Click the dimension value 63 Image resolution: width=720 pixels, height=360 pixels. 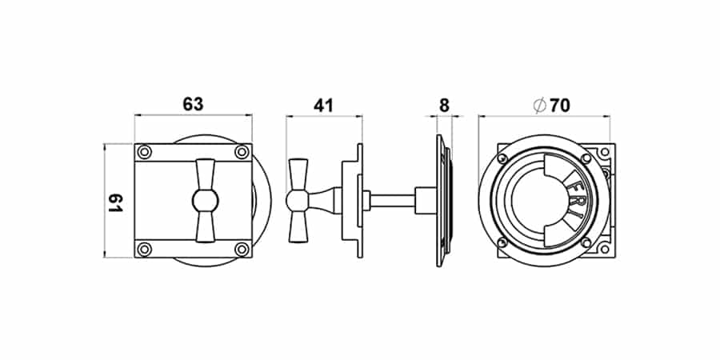click(x=193, y=105)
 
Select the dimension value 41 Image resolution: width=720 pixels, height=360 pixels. click(x=323, y=106)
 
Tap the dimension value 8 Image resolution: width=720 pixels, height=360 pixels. click(x=443, y=106)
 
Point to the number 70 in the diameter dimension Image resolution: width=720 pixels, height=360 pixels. click(x=559, y=106)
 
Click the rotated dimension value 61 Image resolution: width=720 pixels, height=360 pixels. click(x=115, y=202)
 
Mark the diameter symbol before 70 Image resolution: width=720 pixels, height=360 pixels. click(x=539, y=106)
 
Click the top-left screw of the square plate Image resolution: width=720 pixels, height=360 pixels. click(x=145, y=151)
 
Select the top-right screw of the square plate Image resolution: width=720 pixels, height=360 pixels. click(x=242, y=151)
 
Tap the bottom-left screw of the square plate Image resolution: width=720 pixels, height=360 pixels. click(x=145, y=249)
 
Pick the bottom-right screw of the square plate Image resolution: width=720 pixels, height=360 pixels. click(x=242, y=249)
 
